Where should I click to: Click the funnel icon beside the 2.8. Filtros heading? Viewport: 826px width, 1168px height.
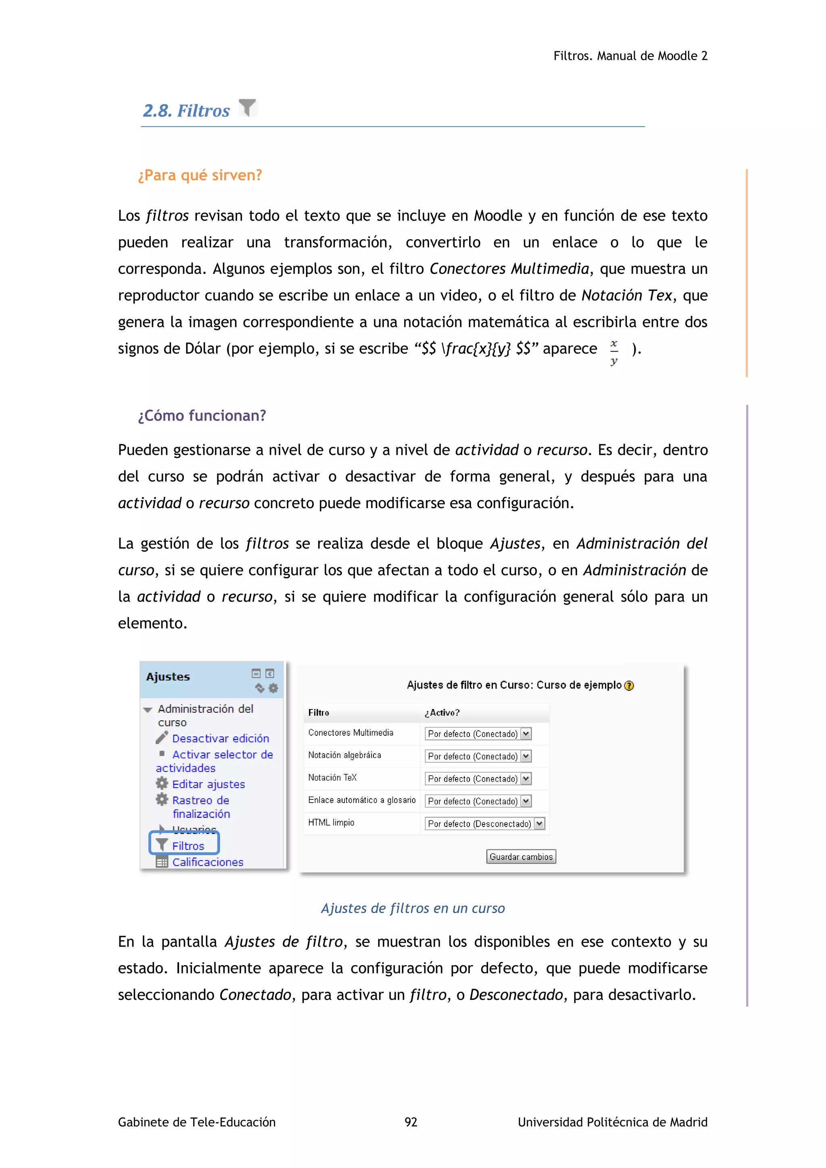click(247, 108)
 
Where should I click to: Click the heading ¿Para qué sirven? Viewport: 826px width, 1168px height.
click(200, 175)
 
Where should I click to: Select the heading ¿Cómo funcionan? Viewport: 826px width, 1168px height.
click(202, 416)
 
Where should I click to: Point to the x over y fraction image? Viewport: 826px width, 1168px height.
click(614, 352)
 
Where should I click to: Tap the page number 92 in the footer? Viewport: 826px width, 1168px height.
click(411, 1122)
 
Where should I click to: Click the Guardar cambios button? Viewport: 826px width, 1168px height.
click(521, 857)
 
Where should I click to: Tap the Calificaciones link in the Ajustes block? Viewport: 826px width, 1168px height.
click(208, 862)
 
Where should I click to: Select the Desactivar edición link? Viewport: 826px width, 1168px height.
click(220, 738)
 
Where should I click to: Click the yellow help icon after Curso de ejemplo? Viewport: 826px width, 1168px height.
click(629, 686)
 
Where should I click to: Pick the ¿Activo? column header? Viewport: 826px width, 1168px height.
click(442, 713)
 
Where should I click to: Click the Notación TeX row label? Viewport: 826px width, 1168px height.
click(332, 777)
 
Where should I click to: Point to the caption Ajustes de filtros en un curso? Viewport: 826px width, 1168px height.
click(413, 908)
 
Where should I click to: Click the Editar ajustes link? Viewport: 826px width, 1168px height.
click(208, 784)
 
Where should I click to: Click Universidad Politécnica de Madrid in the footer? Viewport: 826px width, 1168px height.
click(612, 1122)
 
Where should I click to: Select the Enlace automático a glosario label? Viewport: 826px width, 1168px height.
click(362, 800)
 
